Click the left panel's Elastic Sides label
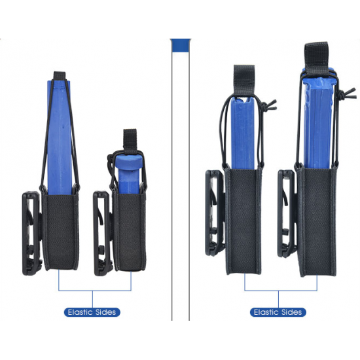(92, 312)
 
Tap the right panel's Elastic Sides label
(278, 312)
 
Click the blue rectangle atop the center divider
(181, 45)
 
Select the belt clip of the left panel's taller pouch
(32, 233)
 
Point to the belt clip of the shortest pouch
(103, 233)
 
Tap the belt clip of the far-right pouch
(287, 213)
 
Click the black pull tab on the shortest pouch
(130, 141)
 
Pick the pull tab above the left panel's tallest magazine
(60, 75)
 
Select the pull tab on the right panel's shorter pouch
(244, 79)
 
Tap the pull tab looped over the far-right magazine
(316, 58)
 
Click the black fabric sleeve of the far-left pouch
(61, 232)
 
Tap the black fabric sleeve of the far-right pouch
(317, 221)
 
